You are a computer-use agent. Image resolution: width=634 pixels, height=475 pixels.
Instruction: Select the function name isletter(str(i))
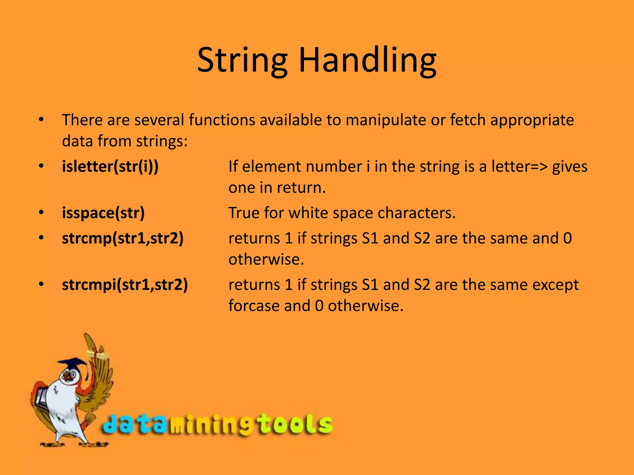tap(110, 166)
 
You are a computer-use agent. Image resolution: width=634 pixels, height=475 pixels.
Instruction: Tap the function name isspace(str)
tap(103, 213)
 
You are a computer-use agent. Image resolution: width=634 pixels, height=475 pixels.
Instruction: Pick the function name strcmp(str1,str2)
tap(123, 238)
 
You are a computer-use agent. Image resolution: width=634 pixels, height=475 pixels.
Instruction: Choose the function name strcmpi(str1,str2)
tap(125, 285)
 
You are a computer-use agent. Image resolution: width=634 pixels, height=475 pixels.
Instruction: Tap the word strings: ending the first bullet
tap(162, 141)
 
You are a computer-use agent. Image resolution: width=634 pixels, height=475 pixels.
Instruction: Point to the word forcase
tap(254, 306)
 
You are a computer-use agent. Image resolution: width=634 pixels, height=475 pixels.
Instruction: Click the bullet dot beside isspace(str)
tap(41, 213)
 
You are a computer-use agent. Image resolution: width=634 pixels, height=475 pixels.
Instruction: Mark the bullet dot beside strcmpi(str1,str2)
tap(41, 285)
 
